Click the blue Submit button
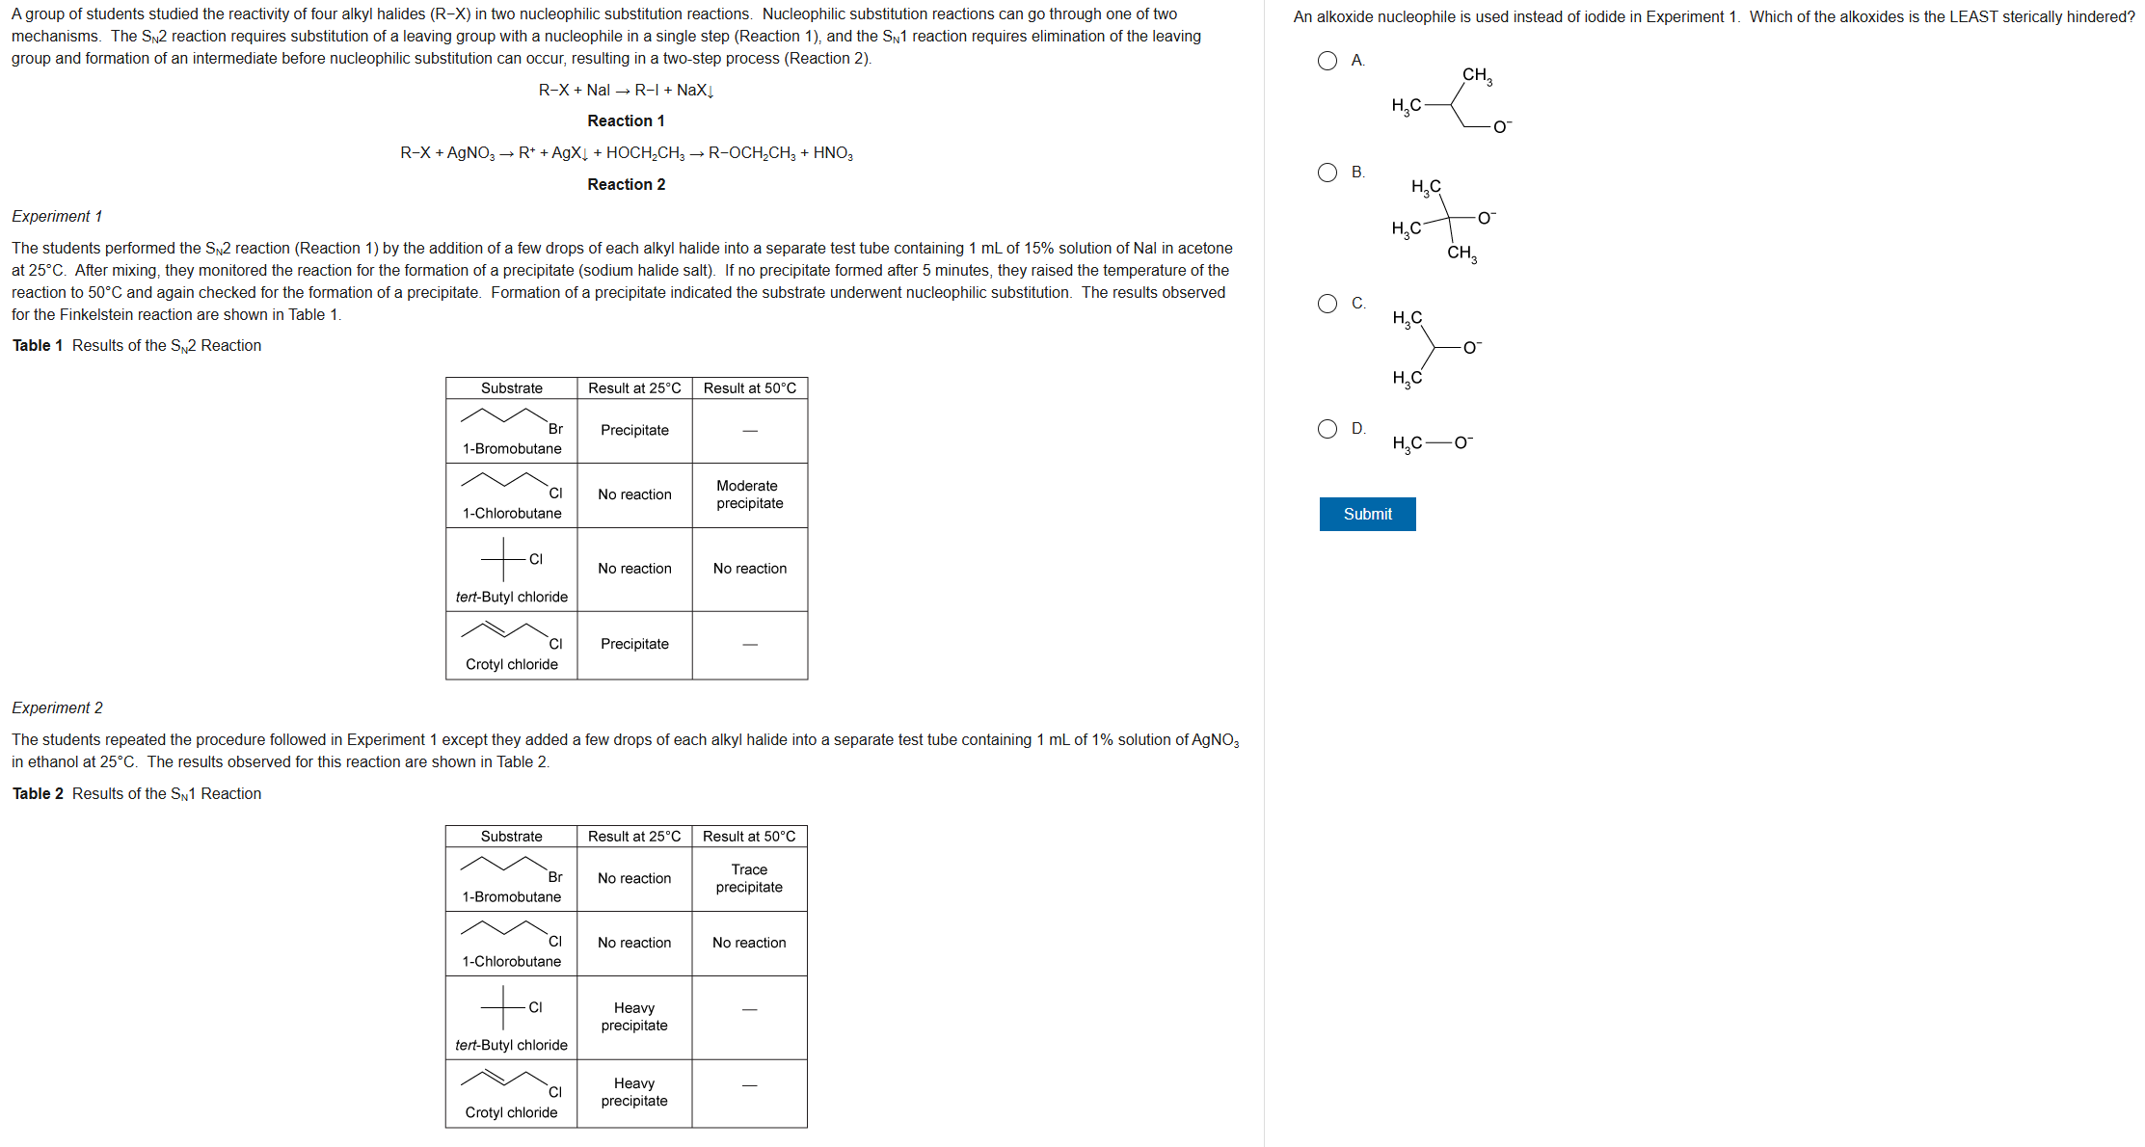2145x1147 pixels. tap(1367, 514)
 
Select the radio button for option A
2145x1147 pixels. tap(1327, 61)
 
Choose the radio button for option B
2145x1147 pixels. tap(1327, 173)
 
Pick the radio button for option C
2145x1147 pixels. tap(1327, 304)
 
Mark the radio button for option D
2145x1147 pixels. tap(1327, 429)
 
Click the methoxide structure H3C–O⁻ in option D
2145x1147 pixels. tap(1432, 443)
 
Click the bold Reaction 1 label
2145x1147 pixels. tap(626, 120)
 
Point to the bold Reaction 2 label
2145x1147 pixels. tap(626, 184)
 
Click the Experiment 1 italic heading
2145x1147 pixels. tap(57, 216)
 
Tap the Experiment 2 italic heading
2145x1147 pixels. tap(57, 707)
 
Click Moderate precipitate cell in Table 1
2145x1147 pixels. tap(749, 494)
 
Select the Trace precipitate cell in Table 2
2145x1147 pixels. tap(749, 878)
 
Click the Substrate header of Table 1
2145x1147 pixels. tap(511, 387)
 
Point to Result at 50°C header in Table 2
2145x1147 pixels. tap(749, 836)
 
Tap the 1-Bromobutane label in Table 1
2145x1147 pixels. tap(511, 448)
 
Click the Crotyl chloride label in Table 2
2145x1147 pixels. tap(511, 1112)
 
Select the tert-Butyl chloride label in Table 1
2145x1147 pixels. tap(511, 597)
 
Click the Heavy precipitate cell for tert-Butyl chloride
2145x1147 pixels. tap(633, 1017)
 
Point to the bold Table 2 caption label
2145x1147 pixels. tap(38, 793)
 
